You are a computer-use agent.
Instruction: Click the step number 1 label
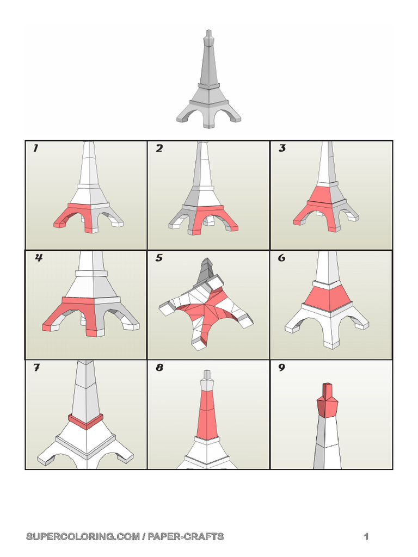pyautogui.click(x=36, y=148)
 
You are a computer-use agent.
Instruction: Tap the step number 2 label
pyautogui.click(x=159, y=148)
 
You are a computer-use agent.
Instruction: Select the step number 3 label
pyautogui.click(x=282, y=148)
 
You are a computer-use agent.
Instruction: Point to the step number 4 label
pyautogui.click(x=39, y=258)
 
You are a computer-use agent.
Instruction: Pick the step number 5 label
pyautogui.click(x=159, y=258)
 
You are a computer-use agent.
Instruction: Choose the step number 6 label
pyautogui.click(x=281, y=258)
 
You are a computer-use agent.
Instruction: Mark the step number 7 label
pyautogui.click(x=36, y=368)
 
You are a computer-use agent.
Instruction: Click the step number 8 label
pyautogui.click(x=159, y=368)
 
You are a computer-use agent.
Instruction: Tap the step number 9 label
pyautogui.click(x=282, y=368)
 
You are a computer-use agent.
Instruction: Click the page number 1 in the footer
pyautogui.click(x=366, y=537)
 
